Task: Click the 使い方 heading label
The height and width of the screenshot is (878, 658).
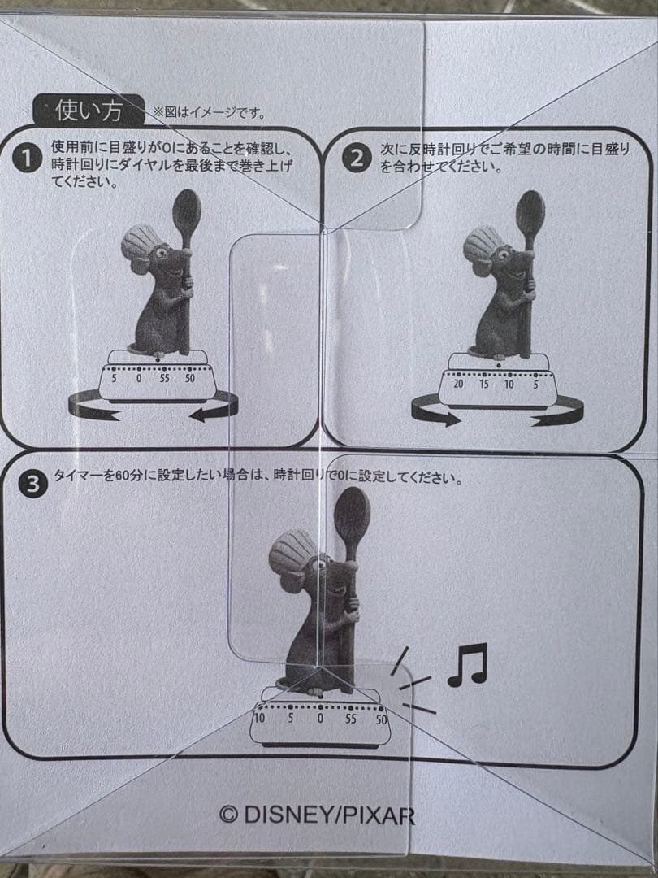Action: click(x=89, y=110)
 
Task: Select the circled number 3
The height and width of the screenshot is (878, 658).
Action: click(x=32, y=486)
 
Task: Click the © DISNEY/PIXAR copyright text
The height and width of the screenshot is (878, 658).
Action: click(x=318, y=815)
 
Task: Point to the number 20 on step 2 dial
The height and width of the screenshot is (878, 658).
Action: click(x=457, y=384)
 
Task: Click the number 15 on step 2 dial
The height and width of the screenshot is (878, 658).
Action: click(x=483, y=384)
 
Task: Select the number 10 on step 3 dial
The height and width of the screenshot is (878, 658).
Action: click(x=259, y=718)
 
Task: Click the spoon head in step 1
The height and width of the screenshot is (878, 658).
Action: click(x=187, y=213)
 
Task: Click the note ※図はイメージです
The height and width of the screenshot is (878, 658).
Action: click(x=209, y=113)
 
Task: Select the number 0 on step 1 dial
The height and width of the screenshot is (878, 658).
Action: click(x=139, y=378)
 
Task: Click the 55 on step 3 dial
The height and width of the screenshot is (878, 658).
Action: click(x=350, y=719)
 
